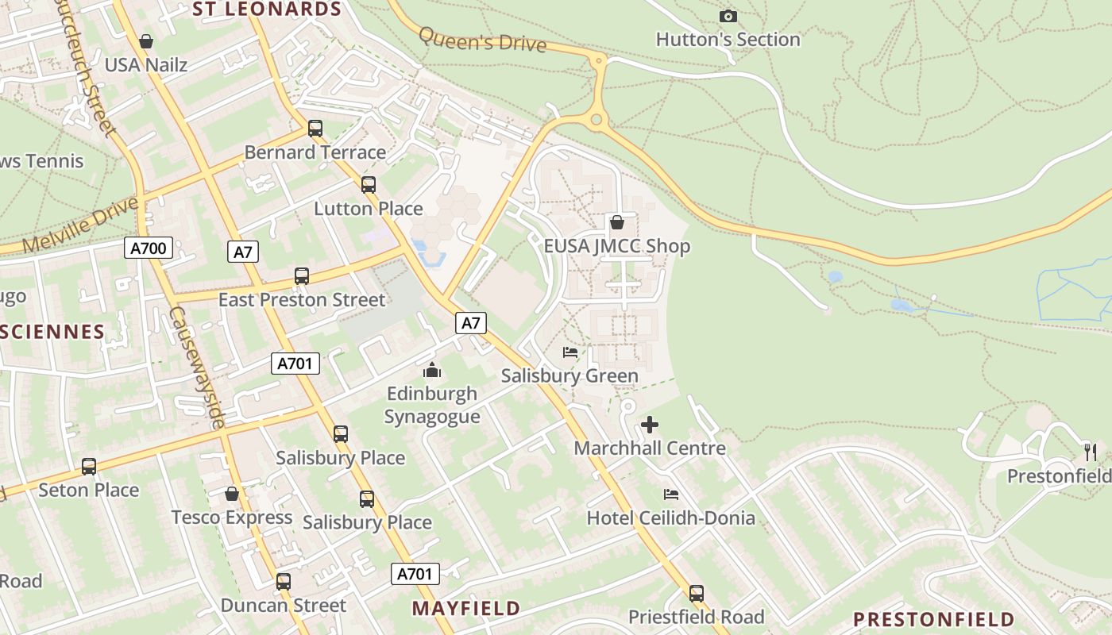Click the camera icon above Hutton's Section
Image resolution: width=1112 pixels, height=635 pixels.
[x=728, y=16]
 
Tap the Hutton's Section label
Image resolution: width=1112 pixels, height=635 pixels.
[x=728, y=39]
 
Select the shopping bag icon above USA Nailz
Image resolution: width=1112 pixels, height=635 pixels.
[x=146, y=41]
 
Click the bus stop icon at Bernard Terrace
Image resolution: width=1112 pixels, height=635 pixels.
[x=315, y=129]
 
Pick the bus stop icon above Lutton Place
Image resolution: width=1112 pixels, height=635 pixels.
[x=369, y=185]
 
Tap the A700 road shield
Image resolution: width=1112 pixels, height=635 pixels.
[x=149, y=248]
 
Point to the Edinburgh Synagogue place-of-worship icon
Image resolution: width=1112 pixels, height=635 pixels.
[x=432, y=370]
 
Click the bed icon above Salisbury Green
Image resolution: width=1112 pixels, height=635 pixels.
[x=570, y=352]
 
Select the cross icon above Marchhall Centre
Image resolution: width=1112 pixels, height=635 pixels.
[x=650, y=425]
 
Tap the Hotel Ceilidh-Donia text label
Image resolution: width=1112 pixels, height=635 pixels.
[x=670, y=518]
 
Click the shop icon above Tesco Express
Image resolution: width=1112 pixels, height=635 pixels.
[x=232, y=494]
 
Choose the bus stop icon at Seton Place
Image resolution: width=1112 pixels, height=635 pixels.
[x=89, y=467]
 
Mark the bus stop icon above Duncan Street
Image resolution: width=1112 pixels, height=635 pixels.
[x=284, y=581]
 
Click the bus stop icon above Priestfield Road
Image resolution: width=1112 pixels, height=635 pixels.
[x=697, y=593]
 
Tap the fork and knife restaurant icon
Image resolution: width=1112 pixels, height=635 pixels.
[x=1091, y=452]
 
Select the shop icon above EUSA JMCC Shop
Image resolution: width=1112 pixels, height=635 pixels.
[x=616, y=222]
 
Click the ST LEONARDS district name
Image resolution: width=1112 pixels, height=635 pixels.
[x=267, y=10]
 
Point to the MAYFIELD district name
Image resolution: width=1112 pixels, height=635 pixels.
[x=465, y=609]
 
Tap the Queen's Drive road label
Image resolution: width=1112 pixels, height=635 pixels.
[x=482, y=38]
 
